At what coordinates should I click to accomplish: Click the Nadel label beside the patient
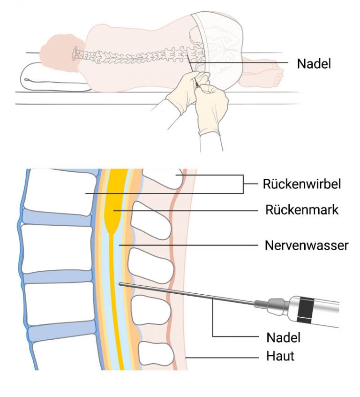[x=314, y=63]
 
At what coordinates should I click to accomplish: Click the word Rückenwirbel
[x=302, y=184]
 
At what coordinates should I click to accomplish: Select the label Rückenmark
[x=302, y=210]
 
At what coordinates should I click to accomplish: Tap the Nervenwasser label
[x=307, y=245]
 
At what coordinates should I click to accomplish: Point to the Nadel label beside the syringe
[x=283, y=337]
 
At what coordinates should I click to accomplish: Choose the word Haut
[x=280, y=356]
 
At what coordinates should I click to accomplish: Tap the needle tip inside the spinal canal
[x=120, y=284]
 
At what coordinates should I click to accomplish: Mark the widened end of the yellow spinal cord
[x=113, y=223]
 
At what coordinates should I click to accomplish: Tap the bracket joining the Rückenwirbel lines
[x=243, y=184]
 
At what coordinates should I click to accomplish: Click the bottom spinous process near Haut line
[x=157, y=354]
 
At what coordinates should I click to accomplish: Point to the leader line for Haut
[x=223, y=358]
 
